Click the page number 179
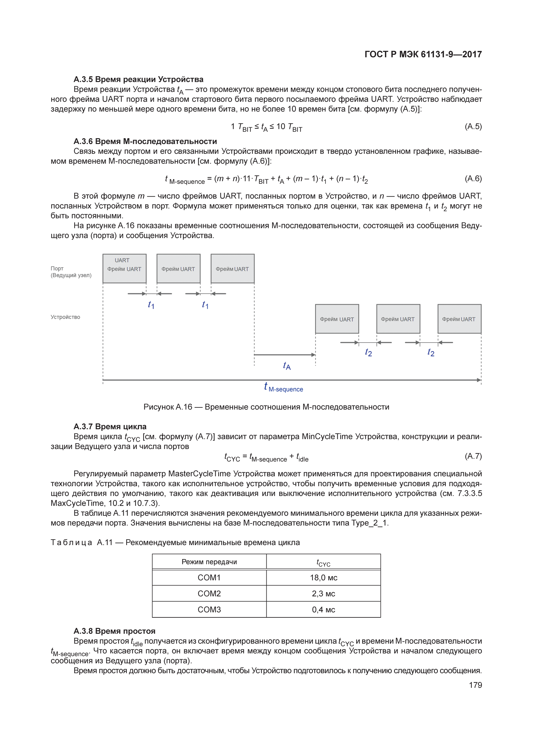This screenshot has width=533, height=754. click(475, 685)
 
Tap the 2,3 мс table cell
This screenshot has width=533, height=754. click(323, 593)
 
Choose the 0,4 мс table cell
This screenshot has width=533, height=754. click(323, 610)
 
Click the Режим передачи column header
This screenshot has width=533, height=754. click(209, 562)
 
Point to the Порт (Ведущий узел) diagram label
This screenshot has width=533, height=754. click(71, 272)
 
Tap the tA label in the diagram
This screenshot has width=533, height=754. click(287, 366)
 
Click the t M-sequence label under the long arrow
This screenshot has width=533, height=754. click(284, 388)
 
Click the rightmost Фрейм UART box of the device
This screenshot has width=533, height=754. click(459, 319)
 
